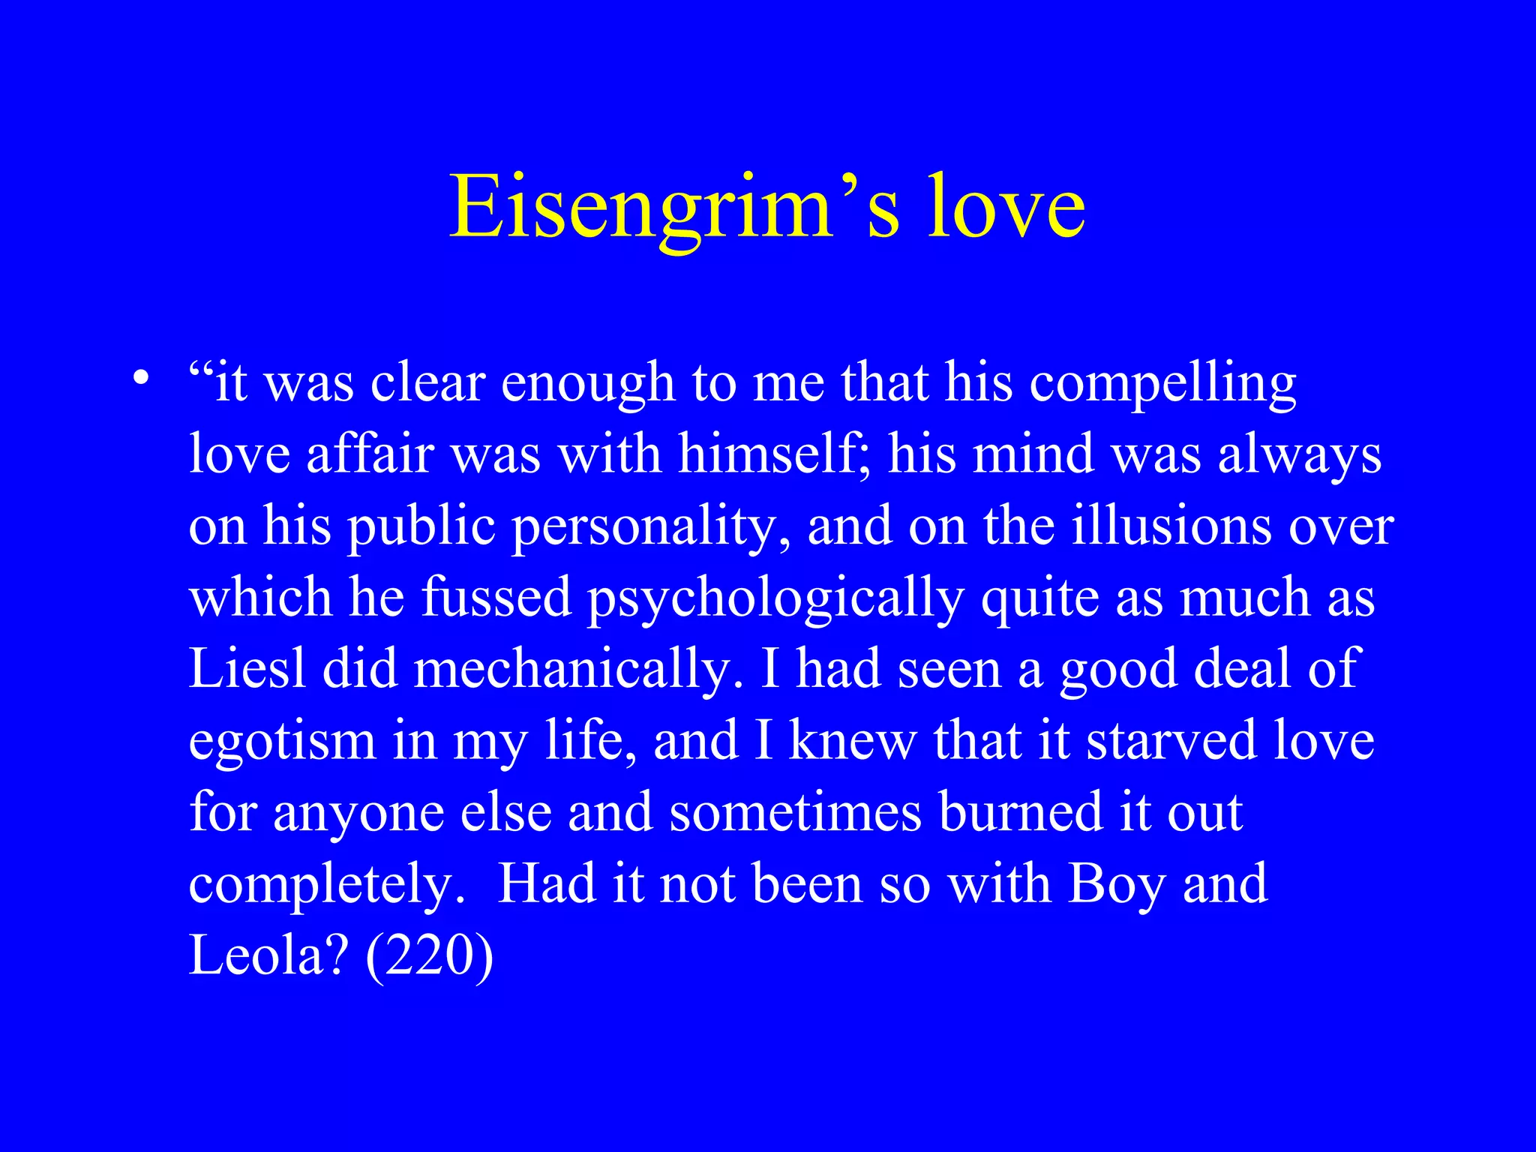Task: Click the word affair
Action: point(370,454)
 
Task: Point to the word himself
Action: point(774,454)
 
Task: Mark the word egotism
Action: point(282,740)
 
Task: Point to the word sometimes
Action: point(795,811)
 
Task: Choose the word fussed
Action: point(496,597)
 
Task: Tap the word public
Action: point(421,526)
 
